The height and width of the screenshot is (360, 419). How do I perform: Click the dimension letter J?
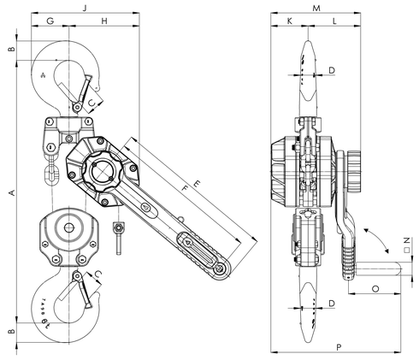coord(84,7)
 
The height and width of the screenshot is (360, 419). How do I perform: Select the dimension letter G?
coord(50,20)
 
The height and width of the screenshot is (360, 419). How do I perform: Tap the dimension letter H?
coord(103,20)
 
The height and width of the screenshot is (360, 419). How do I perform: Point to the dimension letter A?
coord(10,194)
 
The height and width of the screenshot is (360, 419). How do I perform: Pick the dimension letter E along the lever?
coord(198,185)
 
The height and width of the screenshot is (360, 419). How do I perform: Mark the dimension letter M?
coord(316,7)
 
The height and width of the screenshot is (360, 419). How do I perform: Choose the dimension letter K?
coord(290,20)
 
